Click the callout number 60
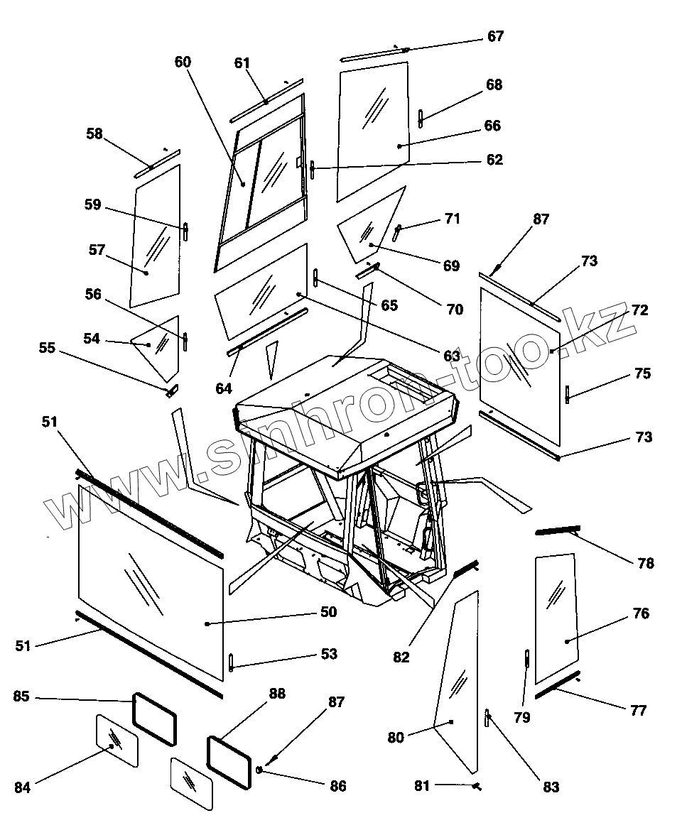coord(183,62)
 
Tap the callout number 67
coord(495,36)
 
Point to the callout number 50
coord(328,611)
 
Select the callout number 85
coord(21,697)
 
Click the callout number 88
coord(276,694)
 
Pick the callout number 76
coord(640,613)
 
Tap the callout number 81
coord(423,785)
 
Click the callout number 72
coord(639,310)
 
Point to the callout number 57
coord(97,250)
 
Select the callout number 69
coord(451,266)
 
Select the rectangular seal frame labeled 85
coord(155,719)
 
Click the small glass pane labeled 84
coord(117,740)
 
